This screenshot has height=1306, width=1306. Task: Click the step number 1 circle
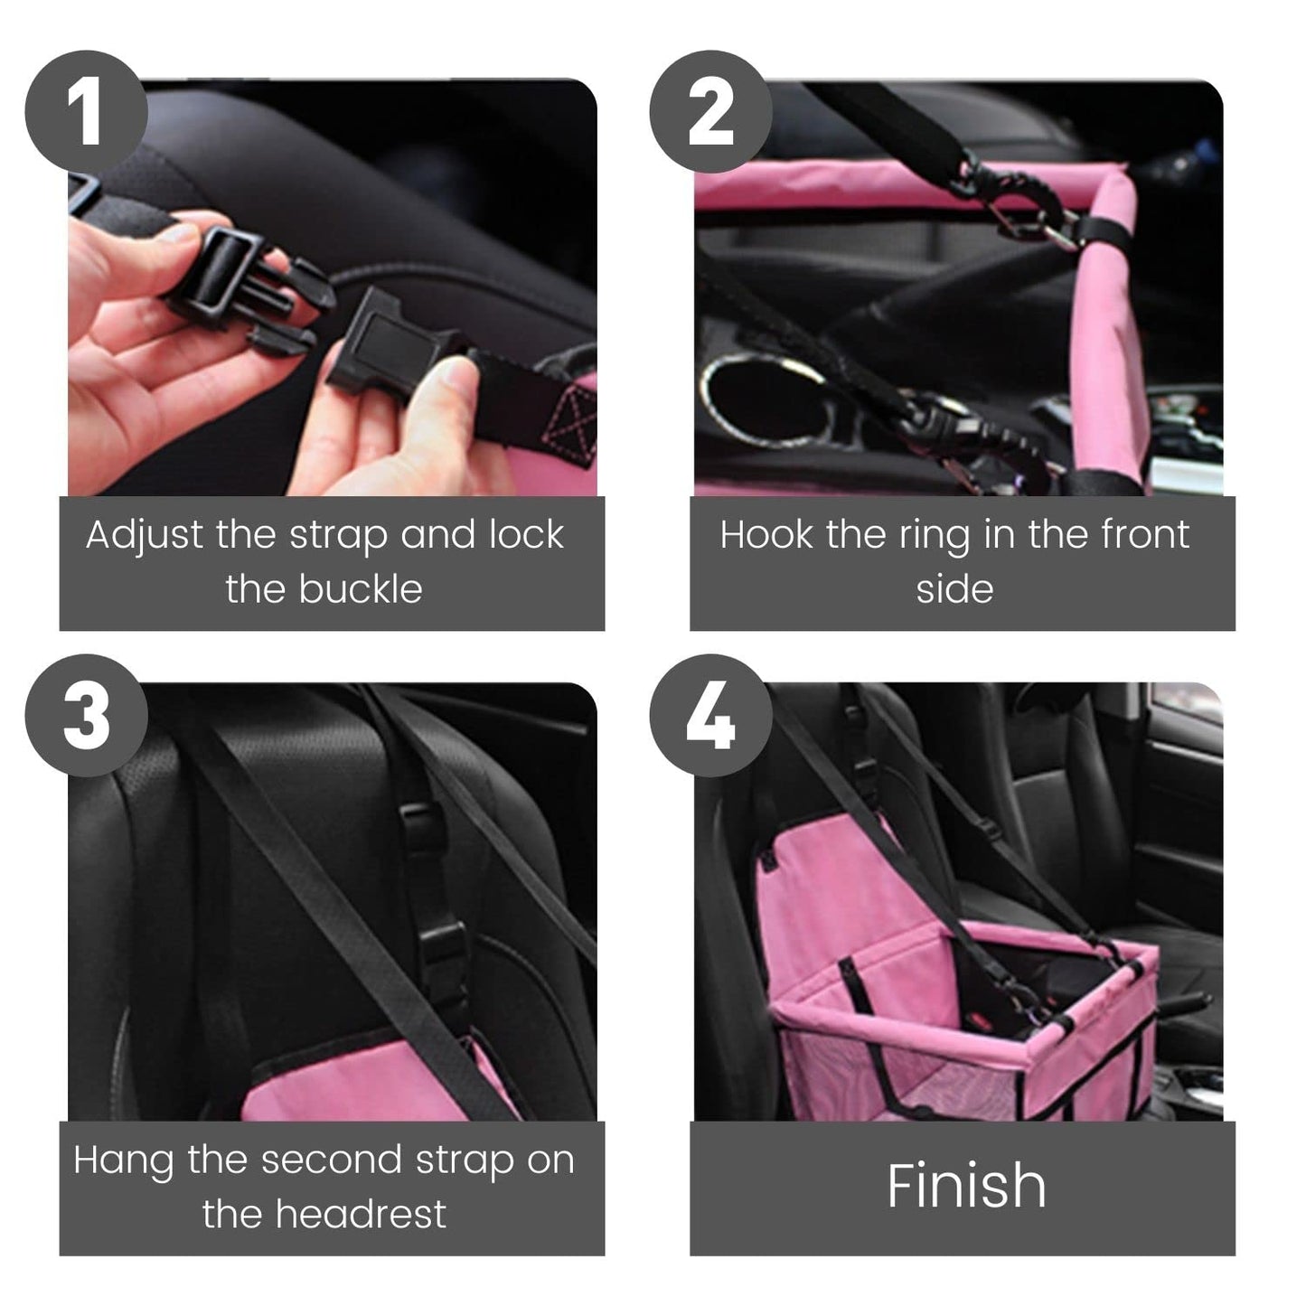[x=86, y=111]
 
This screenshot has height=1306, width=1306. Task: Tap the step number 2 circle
[x=711, y=111]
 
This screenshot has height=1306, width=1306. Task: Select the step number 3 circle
[x=86, y=715]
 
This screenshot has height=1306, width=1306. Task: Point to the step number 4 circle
[x=711, y=715]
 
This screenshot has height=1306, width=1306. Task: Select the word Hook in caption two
[x=766, y=535]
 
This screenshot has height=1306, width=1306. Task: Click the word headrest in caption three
[x=361, y=1213]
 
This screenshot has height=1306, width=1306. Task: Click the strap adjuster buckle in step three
[x=444, y=949]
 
